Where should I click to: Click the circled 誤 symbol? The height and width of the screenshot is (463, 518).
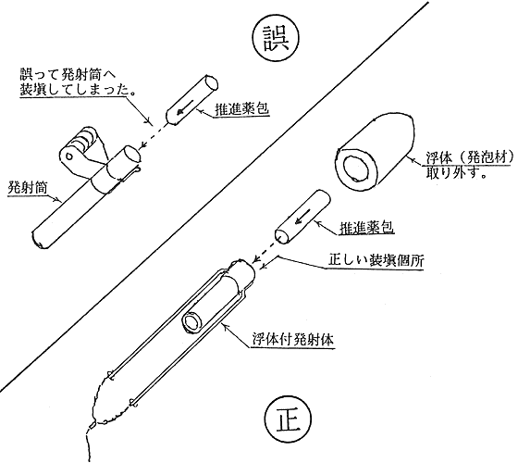(276, 38)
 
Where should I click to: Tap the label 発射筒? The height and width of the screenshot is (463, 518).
(28, 187)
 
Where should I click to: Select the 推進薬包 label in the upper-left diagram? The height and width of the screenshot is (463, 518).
(242, 109)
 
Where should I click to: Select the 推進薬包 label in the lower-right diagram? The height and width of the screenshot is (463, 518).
(366, 228)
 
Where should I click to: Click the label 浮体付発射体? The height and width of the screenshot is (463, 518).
(293, 340)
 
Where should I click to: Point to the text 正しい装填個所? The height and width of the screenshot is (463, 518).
(376, 261)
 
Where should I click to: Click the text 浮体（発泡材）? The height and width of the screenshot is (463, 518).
(470, 157)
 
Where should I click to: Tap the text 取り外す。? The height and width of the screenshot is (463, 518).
(456, 172)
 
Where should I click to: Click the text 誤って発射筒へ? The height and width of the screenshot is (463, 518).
(67, 75)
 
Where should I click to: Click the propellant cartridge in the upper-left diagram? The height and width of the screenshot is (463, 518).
(191, 100)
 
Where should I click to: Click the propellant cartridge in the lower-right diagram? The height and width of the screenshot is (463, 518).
(302, 217)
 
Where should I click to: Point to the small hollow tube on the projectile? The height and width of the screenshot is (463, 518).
(194, 321)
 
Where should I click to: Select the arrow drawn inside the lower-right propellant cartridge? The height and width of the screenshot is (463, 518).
(303, 216)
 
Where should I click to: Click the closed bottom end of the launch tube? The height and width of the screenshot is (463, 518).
(39, 240)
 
